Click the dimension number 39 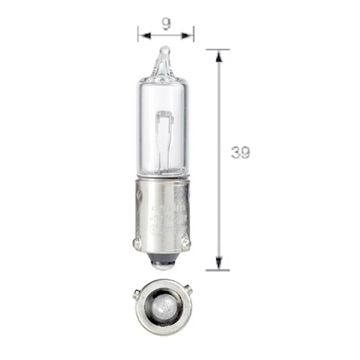[x=241, y=153]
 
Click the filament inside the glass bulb [x=164, y=131]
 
